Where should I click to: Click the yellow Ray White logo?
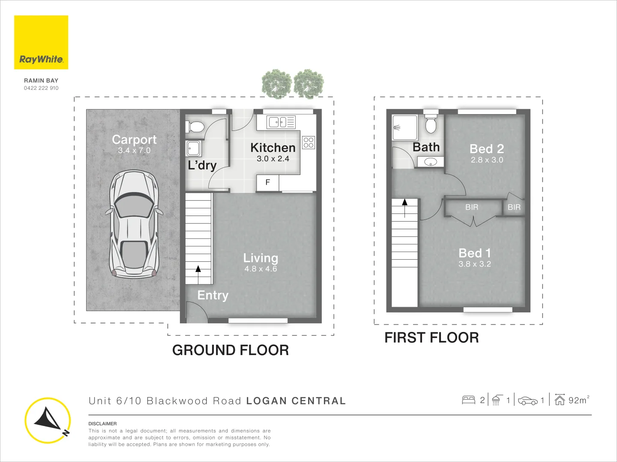[x=41, y=42]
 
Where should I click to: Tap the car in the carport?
[x=134, y=224]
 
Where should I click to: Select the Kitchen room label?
[x=273, y=148]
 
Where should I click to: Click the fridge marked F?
[x=268, y=183]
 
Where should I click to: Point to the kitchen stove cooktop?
[x=308, y=142]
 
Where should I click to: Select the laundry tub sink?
[x=193, y=148]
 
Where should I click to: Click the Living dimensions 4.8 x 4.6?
[x=261, y=269]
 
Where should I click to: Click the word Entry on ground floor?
[x=213, y=296]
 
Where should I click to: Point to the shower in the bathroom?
[x=405, y=127]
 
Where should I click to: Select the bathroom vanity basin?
[x=430, y=162]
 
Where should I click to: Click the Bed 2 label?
[x=487, y=149]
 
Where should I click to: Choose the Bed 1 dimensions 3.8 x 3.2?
[x=474, y=264]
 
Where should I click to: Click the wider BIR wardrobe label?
[x=472, y=207]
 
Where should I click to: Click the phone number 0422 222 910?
[x=41, y=88]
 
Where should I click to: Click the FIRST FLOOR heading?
[x=431, y=338]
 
